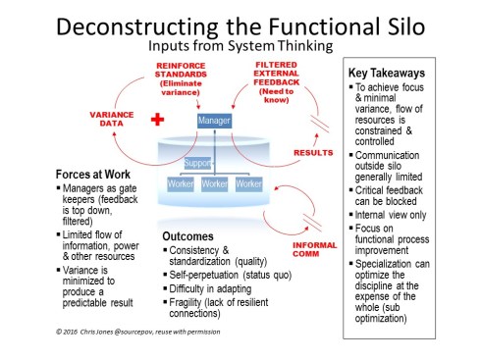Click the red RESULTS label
pyautogui.click(x=314, y=153)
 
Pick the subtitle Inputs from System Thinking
pyautogui.click(x=240, y=45)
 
